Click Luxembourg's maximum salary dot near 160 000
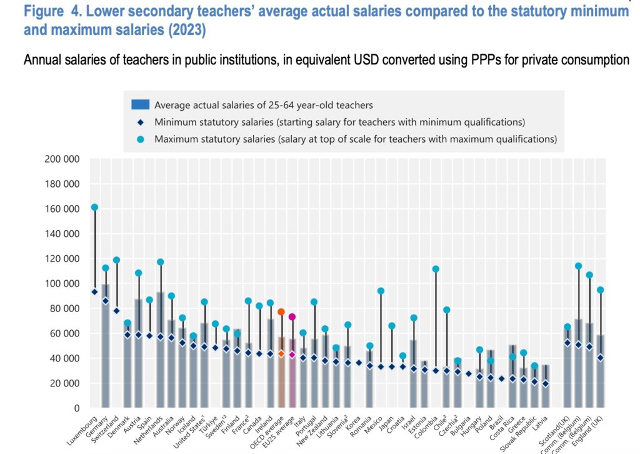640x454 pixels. pos(94,207)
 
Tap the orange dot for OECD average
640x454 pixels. pos(281,311)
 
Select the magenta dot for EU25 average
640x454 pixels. pos(292,317)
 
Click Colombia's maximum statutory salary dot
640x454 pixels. pos(436,269)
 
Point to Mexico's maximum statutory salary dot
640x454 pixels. pos(381,291)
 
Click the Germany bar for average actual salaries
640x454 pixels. pos(106,350)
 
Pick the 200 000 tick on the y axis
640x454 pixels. pos(62,159)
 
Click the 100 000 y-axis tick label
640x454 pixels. pos(62,283)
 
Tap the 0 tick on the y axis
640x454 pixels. pos(76,408)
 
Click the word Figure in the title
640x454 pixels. pos(45,11)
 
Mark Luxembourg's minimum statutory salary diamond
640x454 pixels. pos(94,291)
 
